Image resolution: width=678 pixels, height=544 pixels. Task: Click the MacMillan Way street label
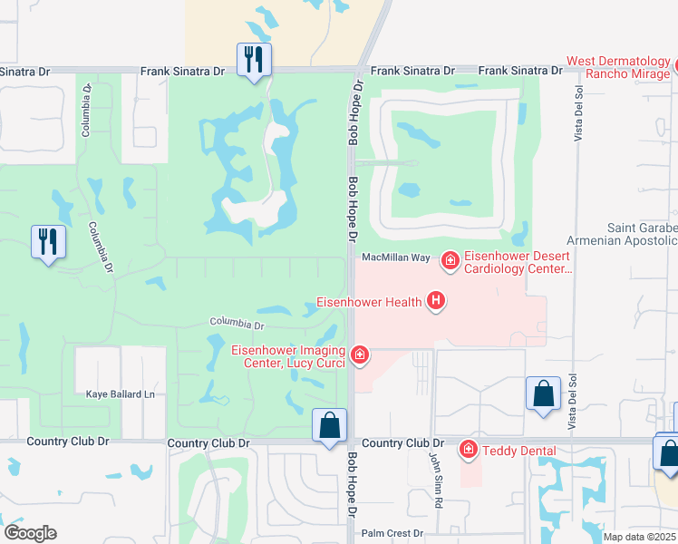coord(395,258)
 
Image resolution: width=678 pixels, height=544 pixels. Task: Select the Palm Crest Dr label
coord(392,534)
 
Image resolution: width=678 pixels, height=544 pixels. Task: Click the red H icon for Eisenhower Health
coord(436,301)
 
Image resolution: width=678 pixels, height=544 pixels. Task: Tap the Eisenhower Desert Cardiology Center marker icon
coord(449,262)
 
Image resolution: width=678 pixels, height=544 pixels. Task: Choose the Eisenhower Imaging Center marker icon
coord(360,355)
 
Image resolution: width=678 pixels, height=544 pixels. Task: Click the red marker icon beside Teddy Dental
coord(468,450)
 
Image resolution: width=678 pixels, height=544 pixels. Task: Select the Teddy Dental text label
coord(519,450)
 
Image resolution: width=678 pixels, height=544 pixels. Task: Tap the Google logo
coord(29,533)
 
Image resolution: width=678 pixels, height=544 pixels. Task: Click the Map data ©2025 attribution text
coord(639,537)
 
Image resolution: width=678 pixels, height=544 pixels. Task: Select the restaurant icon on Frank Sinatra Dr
coord(253,60)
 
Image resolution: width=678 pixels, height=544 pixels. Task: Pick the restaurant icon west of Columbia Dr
coord(49,241)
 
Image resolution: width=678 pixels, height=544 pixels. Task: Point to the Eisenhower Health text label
coord(369,302)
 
